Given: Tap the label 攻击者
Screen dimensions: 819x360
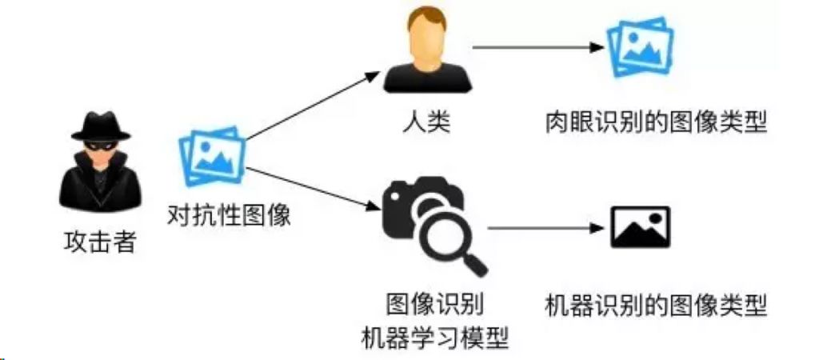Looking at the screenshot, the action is pyautogui.click(x=100, y=242).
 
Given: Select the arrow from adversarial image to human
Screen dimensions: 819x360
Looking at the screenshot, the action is pyautogui.click(x=312, y=106).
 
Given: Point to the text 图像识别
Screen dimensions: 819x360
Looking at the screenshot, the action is pyautogui.click(x=434, y=305).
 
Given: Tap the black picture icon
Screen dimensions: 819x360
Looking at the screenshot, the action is pyautogui.click(x=640, y=227).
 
